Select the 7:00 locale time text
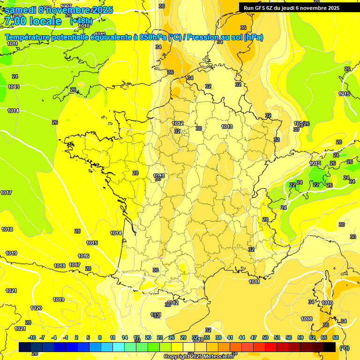point(33,21)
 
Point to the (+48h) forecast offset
point(81,21)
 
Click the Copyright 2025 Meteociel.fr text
point(198,356)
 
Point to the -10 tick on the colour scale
point(32,337)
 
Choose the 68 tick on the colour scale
point(336,337)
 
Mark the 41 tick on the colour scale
point(230,337)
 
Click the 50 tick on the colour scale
point(265,337)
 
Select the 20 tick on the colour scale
point(148,337)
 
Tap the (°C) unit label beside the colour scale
point(345,347)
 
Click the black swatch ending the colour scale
point(330,347)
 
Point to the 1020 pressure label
point(36,308)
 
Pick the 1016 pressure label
point(83,256)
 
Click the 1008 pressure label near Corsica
point(307,319)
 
